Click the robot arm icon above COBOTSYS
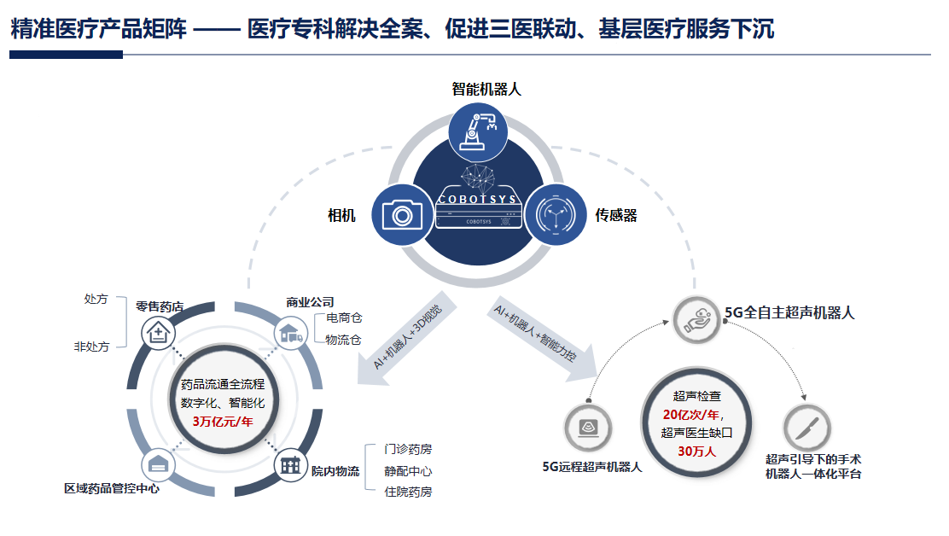click(x=477, y=129)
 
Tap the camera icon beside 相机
click(x=397, y=214)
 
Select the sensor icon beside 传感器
click(x=553, y=214)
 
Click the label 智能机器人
click(x=486, y=89)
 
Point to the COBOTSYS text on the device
click(x=477, y=199)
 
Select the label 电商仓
click(x=344, y=318)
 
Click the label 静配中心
click(x=407, y=470)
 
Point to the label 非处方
click(x=91, y=347)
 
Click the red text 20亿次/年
click(x=692, y=415)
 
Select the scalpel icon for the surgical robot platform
click(x=806, y=427)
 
